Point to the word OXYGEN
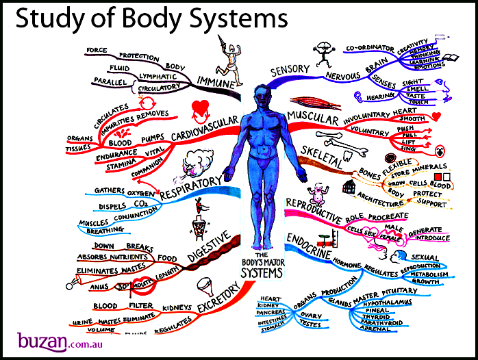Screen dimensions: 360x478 (142, 192)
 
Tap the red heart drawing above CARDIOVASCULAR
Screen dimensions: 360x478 (201, 108)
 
